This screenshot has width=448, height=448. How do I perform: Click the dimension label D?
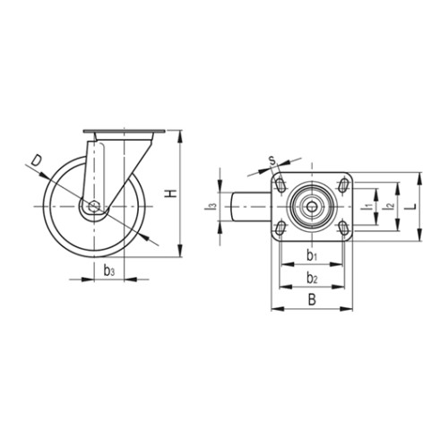pos(37,161)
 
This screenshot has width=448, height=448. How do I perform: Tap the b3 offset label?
pos(109,271)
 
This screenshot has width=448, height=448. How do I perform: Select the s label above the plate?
pos(272,160)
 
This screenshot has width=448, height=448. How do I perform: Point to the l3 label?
pos(211,206)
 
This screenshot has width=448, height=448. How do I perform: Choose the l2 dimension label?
pos(390,206)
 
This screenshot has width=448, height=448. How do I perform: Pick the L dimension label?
pos(412,206)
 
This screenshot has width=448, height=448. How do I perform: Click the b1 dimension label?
pos(312,255)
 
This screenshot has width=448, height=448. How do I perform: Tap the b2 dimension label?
pos(312,278)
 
